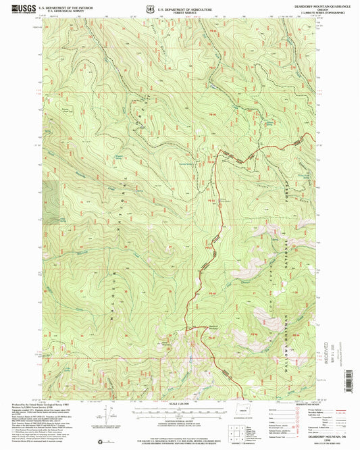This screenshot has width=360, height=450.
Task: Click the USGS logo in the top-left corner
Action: (x=20, y=9)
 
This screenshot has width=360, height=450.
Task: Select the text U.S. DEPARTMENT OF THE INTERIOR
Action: (x=63, y=7)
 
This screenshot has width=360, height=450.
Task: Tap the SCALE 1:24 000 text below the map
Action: (x=179, y=405)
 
